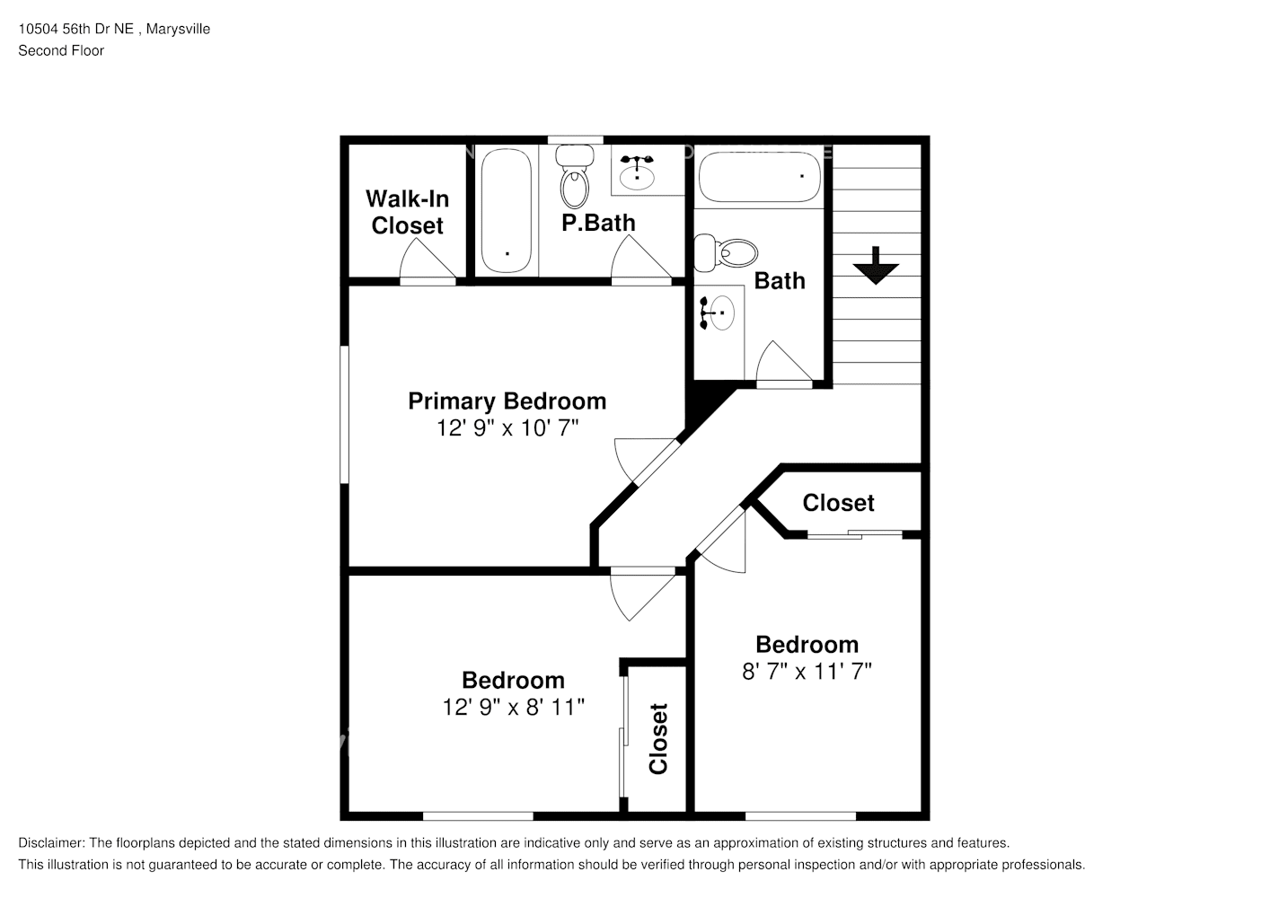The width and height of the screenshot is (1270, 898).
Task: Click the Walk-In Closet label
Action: (407, 212)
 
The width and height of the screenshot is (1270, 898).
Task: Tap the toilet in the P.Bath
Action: (574, 176)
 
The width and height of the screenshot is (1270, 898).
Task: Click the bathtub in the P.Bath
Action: (507, 210)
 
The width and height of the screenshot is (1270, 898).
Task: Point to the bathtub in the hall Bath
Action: (759, 176)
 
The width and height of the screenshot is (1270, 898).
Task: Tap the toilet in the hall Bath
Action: (727, 253)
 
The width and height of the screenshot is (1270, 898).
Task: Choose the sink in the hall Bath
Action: (718, 313)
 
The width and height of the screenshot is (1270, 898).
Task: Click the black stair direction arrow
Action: (876, 265)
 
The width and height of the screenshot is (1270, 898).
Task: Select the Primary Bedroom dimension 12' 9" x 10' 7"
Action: (507, 428)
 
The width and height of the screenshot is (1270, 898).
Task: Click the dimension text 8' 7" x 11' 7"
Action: (807, 671)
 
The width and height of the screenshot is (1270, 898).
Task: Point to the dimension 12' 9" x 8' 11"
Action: (513, 707)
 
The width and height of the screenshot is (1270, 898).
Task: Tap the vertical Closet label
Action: (658, 739)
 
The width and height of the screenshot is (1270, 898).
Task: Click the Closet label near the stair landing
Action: (838, 503)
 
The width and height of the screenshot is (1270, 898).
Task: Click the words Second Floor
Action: (61, 50)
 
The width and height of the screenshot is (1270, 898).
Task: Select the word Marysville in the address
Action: (178, 29)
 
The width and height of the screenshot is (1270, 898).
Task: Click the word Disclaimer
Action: (51, 843)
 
